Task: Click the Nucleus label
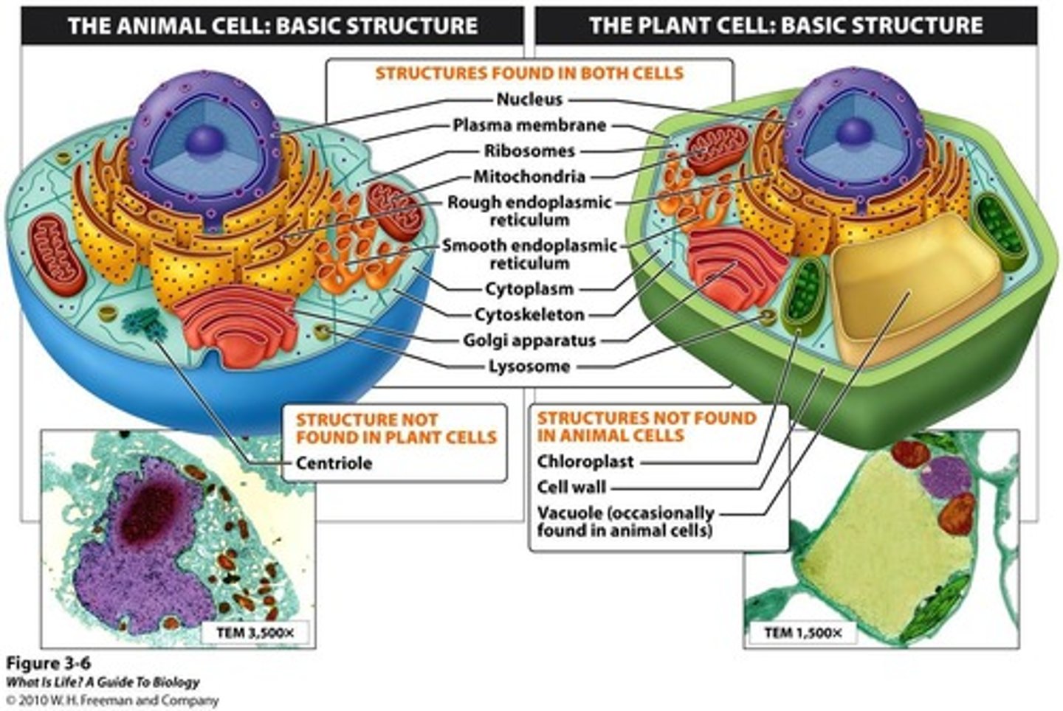[529, 99]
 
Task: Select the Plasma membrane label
[529, 125]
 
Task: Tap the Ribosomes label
[529, 151]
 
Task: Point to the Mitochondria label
[529, 177]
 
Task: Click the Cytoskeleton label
[529, 315]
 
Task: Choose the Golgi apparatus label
[529, 341]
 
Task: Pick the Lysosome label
[529, 367]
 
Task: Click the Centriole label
[334, 463]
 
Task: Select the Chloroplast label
[585, 462]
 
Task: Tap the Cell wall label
[571, 487]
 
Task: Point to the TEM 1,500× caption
[802, 632]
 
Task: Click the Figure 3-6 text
[49, 663]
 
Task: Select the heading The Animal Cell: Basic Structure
[272, 26]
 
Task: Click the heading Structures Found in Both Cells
[529, 73]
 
